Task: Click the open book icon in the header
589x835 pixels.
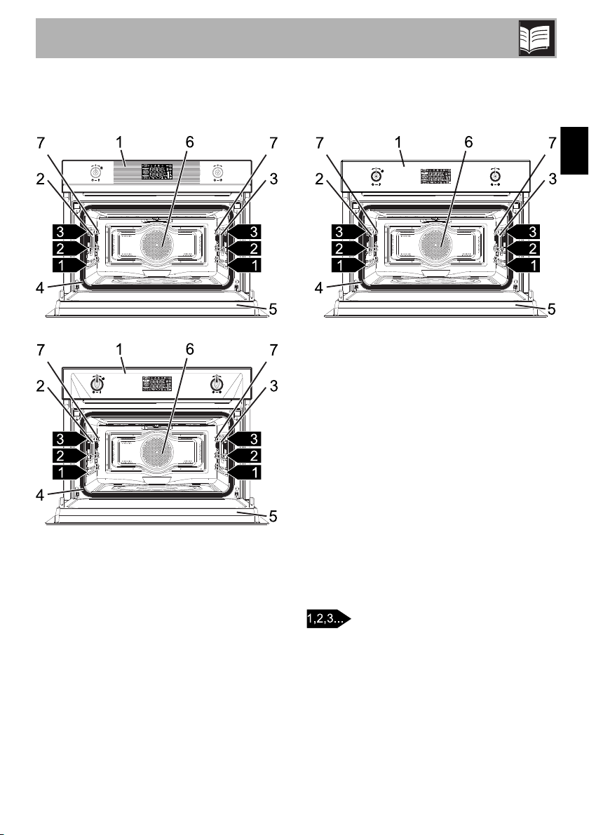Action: [x=537, y=38]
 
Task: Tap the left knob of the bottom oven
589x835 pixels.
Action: [x=96, y=382]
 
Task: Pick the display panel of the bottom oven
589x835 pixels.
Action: [x=157, y=383]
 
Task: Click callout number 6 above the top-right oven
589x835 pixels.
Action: [x=468, y=143]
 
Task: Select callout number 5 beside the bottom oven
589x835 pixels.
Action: [x=273, y=516]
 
